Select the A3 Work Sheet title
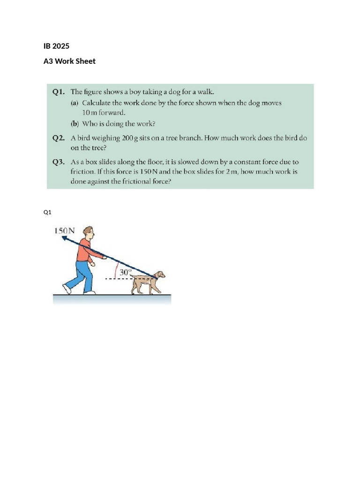coord(69,61)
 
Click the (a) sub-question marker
coord(75,103)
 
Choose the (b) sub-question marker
coord(75,124)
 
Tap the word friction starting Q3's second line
coord(82,172)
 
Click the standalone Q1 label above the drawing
coord(47,212)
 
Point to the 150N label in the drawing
coord(64,231)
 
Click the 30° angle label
coord(125,272)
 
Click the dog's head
coord(160,274)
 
